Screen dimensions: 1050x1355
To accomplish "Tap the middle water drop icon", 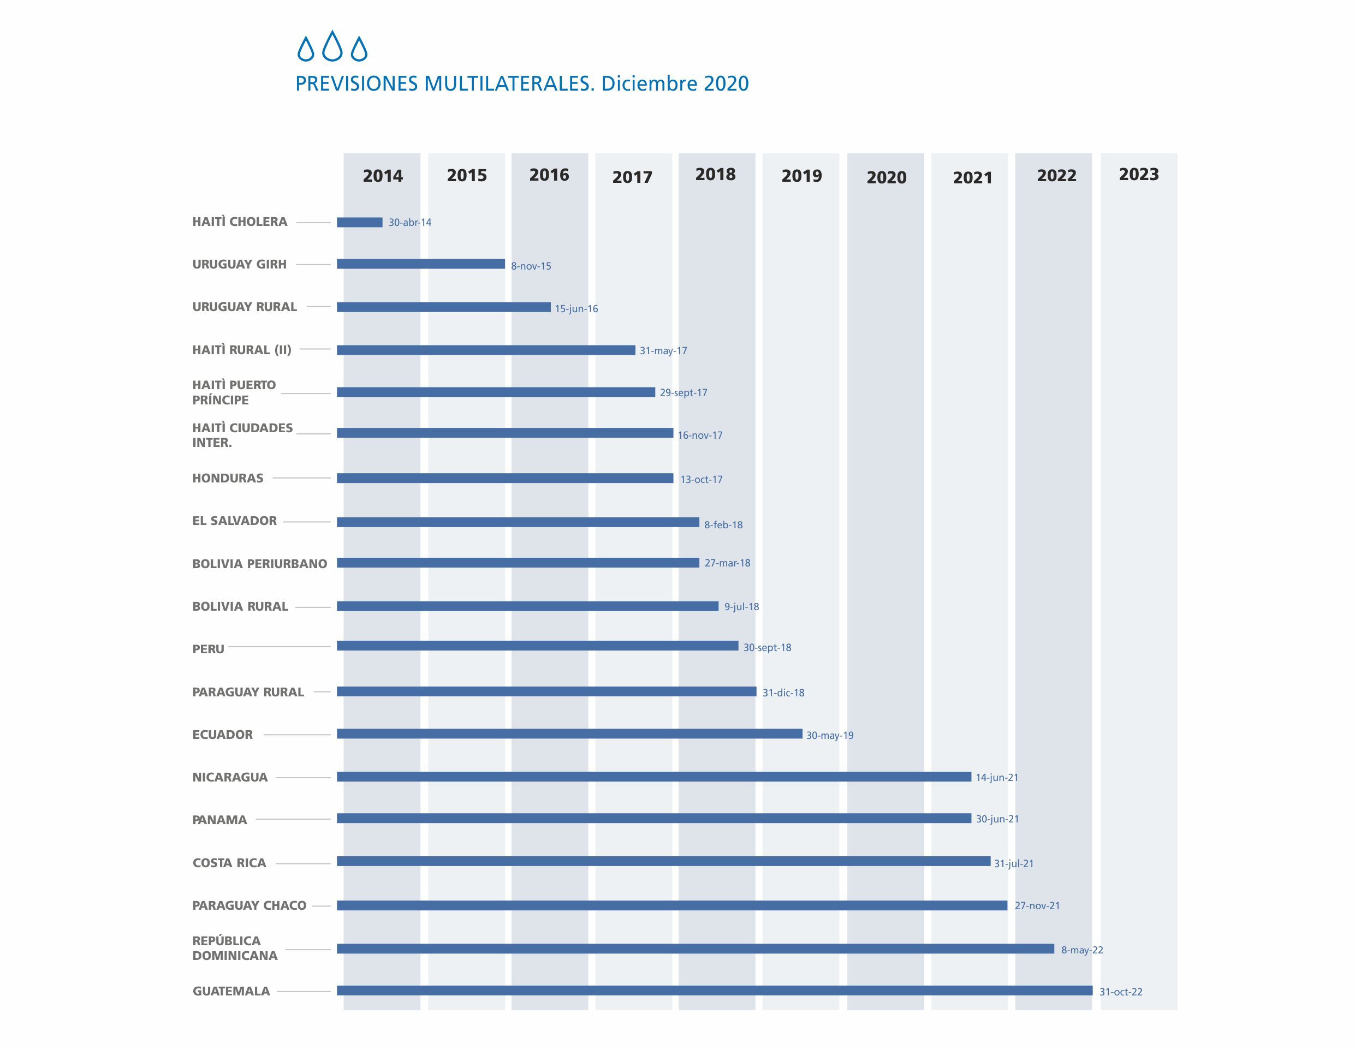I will [332, 46].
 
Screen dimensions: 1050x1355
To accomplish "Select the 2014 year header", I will [382, 176].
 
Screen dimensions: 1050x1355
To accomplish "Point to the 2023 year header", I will [1138, 174].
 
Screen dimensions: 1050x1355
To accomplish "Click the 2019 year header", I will [801, 176].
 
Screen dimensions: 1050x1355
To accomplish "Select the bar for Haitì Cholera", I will [359, 223].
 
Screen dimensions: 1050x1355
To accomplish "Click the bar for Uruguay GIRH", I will [421, 264].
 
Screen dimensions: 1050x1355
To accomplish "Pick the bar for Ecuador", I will [569, 733].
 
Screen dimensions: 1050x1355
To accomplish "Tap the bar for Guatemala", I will [714, 991].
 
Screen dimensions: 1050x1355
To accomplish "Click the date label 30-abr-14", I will [409, 223].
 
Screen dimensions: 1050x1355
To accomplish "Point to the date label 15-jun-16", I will [576, 309].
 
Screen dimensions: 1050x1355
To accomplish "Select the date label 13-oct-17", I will [701, 479].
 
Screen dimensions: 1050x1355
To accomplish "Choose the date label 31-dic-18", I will [783, 693].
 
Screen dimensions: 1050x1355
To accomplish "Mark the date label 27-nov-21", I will [1037, 905].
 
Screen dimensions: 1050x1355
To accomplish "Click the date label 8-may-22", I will [1081, 950].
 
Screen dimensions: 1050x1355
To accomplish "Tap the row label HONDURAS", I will [228, 478].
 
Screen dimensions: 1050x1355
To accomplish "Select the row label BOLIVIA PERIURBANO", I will [259, 564].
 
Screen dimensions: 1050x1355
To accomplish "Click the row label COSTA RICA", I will [229, 863].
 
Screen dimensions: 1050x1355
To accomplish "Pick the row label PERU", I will [208, 649].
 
